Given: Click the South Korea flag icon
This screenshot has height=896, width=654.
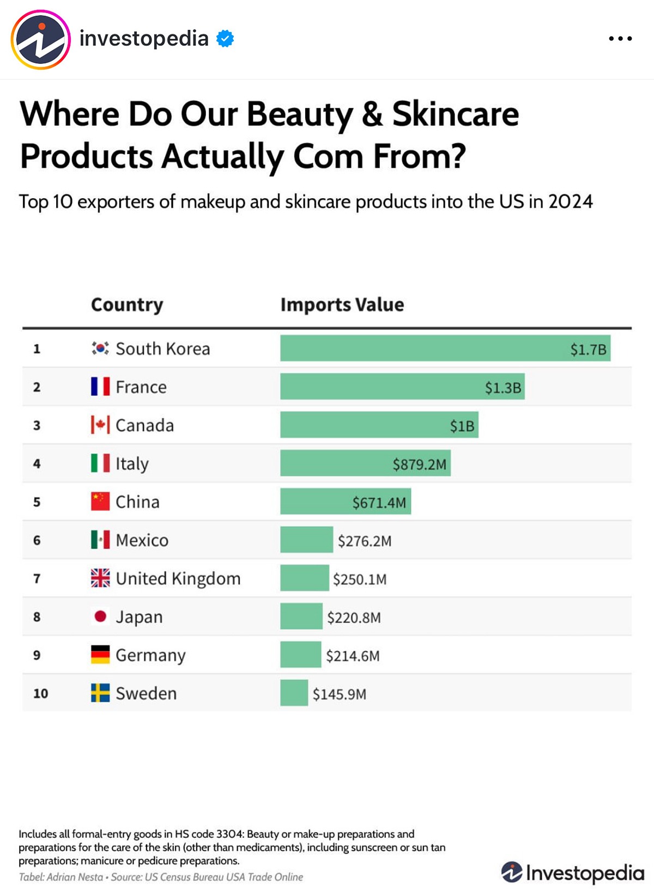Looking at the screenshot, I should pyautogui.click(x=100, y=348).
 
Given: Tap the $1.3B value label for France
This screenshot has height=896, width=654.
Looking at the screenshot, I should pyautogui.click(x=502, y=388).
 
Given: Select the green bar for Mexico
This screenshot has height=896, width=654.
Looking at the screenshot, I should pyautogui.click(x=306, y=540).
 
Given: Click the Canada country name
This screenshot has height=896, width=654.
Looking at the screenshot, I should pyautogui.click(x=144, y=425).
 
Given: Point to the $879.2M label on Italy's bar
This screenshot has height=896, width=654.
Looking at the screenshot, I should pyautogui.click(x=419, y=465).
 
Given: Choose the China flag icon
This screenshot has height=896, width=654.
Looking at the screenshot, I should pyautogui.click(x=100, y=502).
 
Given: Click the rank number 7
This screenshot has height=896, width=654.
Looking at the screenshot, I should pyautogui.click(x=37, y=578).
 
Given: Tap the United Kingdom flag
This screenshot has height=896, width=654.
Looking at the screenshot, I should pyautogui.click(x=100, y=578).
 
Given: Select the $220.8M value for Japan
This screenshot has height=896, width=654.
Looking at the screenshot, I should pyautogui.click(x=354, y=618).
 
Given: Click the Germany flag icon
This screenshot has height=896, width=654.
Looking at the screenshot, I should pyautogui.click(x=100, y=655).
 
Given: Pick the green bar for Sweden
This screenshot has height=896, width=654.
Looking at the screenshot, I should pyautogui.click(x=294, y=693).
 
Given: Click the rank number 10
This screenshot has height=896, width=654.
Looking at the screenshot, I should pyautogui.click(x=40, y=693).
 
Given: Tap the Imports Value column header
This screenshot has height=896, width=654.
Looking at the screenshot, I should pyautogui.click(x=342, y=304).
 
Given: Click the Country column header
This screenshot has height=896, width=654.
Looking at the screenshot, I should pyautogui.click(x=127, y=304).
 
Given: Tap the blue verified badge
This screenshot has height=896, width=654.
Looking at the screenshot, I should pyautogui.click(x=225, y=39).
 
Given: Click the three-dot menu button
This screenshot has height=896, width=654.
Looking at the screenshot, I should pyautogui.click(x=620, y=39).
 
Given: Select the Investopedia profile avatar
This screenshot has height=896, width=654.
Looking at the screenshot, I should pyautogui.click(x=41, y=40).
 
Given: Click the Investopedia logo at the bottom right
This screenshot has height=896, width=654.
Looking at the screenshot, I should pyautogui.click(x=572, y=873).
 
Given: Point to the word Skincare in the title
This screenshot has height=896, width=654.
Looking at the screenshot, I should pyautogui.click(x=455, y=114).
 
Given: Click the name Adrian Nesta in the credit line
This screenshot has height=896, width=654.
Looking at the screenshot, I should pyautogui.click(x=75, y=877).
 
